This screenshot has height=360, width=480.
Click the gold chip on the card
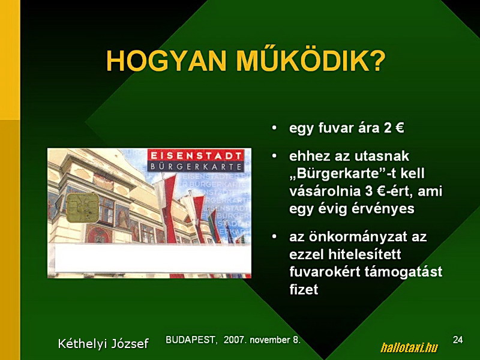tap(83, 208)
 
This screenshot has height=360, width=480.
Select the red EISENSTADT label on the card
tap(196, 155)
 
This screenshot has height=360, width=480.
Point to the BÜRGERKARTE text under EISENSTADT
tap(196, 167)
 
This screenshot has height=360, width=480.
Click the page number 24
tap(458, 340)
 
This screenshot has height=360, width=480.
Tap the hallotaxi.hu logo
tap(409, 348)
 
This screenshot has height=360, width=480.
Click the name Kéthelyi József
tap(103, 343)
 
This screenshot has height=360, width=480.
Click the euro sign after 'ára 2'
tap(400, 128)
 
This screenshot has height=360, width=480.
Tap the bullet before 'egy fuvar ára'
tap(274, 128)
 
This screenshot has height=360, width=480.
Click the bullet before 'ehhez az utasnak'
tap(274, 156)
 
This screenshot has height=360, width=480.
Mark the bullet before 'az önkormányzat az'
tap(274, 236)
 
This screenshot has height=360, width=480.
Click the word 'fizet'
tap(304, 289)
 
